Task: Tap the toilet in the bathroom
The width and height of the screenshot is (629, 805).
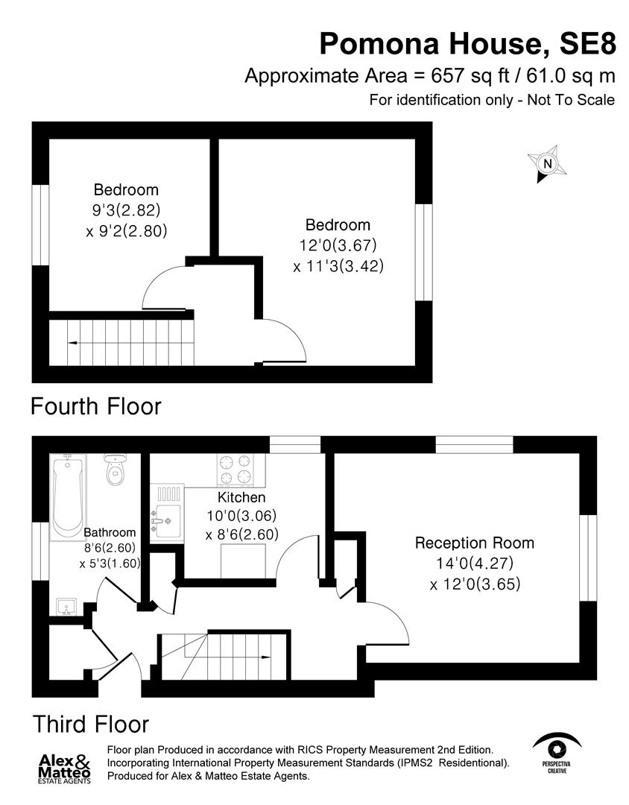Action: [114, 470]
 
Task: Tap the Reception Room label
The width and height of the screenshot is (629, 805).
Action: [475, 543]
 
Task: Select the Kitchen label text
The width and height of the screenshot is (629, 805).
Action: [241, 497]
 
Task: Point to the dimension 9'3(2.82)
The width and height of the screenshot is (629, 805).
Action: [126, 209]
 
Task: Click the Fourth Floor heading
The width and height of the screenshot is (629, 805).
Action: [95, 407]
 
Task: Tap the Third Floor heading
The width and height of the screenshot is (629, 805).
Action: [90, 724]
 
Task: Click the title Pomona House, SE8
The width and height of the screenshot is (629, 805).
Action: [468, 44]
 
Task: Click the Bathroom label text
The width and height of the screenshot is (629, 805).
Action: [110, 532]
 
